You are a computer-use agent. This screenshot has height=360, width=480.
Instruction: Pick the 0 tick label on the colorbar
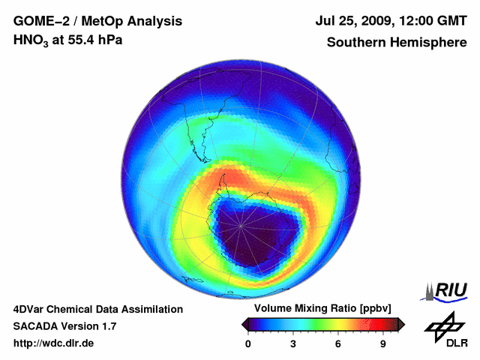coord(248,344)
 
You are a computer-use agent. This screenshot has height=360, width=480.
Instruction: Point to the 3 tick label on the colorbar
coord(293,344)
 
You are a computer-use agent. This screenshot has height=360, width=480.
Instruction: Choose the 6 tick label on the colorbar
coord(338,344)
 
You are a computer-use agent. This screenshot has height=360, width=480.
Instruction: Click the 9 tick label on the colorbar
coord(383,344)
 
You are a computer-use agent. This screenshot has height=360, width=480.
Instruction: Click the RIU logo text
coord(450,291)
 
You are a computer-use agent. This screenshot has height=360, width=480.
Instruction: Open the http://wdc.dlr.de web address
coord(54,343)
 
